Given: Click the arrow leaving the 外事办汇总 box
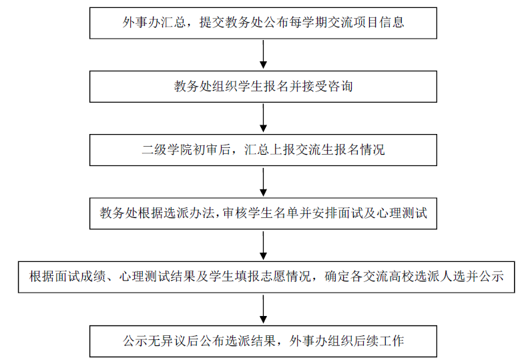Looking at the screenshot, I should tap(264, 54).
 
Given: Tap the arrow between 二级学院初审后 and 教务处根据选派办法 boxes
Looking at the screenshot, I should tap(264, 181).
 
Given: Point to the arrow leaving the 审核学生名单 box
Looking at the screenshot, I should tap(264, 245).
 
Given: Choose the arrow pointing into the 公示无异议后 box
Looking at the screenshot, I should tap(264, 309).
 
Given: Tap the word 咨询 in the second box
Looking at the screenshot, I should tap(341, 87).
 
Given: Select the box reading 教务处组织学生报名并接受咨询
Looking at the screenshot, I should tap(264, 87).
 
